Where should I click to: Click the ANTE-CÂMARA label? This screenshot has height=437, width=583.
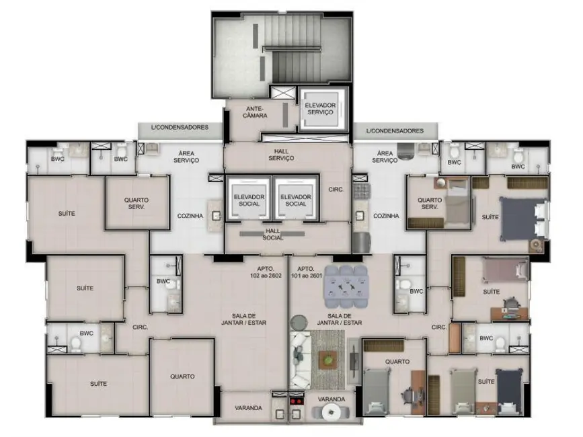(256, 112)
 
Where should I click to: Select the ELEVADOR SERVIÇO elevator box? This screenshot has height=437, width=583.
(319, 109)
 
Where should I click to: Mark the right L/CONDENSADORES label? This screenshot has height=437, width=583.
(395, 130)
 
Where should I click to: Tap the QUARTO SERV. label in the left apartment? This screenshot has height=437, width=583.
(137, 204)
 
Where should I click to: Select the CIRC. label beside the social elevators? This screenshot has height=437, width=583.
(336, 190)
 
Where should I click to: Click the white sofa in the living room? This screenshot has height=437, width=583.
(299, 358)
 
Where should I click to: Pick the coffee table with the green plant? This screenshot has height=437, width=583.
(327, 360)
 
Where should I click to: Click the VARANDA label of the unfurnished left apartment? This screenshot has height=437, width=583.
(248, 408)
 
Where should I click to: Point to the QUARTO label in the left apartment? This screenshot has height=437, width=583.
(182, 376)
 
